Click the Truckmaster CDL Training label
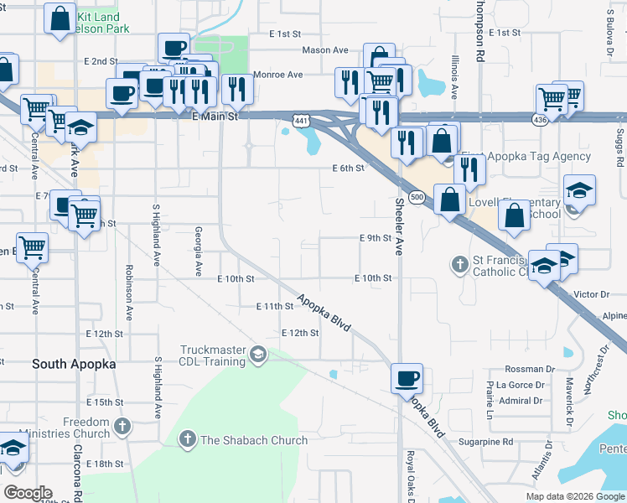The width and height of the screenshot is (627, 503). [x=216, y=355]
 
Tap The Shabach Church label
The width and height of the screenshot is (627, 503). [x=254, y=440]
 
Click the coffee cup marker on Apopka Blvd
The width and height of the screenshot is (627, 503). [x=407, y=378]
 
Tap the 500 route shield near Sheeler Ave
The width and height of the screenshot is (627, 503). [x=416, y=196]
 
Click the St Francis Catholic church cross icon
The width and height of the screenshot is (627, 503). [x=459, y=265]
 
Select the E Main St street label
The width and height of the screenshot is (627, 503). [x=215, y=117]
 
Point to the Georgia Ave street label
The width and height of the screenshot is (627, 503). [x=199, y=251]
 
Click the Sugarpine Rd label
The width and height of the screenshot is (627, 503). [x=485, y=441]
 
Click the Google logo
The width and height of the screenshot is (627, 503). [x=28, y=493]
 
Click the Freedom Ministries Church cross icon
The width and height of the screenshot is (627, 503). [x=123, y=427]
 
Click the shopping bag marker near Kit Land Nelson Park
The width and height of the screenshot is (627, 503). [x=60, y=21]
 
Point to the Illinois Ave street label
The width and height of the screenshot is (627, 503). [x=454, y=77]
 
